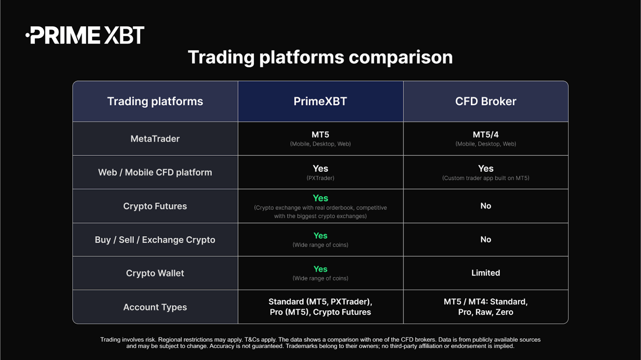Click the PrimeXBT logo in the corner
[85, 35]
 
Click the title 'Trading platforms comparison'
[320, 57]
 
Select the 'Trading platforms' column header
[155, 101]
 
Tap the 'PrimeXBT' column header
[320, 101]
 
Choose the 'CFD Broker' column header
[486, 101]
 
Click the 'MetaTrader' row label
[155, 139]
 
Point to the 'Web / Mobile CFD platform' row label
[155, 172]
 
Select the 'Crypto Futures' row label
[155, 206]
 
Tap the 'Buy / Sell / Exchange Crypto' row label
[155, 240]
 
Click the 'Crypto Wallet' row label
[155, 273]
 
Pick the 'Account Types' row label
[155, 307]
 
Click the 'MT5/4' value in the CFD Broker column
[486, 135]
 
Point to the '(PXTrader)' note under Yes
[320, 178]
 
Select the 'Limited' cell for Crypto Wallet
[486, 273]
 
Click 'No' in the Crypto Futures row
[486, 206]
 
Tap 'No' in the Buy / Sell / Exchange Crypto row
[486, 239]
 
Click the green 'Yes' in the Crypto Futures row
[320, 198]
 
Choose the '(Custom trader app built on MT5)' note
[486, 178]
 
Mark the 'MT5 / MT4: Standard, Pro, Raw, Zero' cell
[486, 307]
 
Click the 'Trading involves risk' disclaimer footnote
[320, 343]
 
